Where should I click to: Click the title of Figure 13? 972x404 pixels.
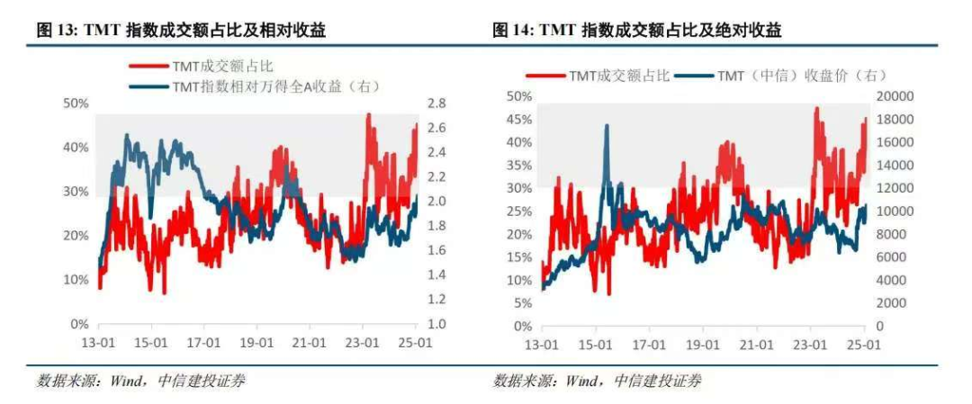[x=180, y=31]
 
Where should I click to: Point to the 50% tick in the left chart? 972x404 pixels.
[x=76, y=103]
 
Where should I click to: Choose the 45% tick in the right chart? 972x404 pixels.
[x=519, y=120]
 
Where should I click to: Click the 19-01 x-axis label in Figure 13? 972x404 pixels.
[x=256, y=343]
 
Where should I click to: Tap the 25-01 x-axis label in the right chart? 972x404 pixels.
[x=864, y=345]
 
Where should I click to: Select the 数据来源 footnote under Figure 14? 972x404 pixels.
[x=598, y=381]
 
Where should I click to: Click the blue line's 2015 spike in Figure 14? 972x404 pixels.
[x=606, y=125]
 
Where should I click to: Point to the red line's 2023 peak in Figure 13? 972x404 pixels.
[x=368, y=114]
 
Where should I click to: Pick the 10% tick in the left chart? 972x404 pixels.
[x=76, y=280]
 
